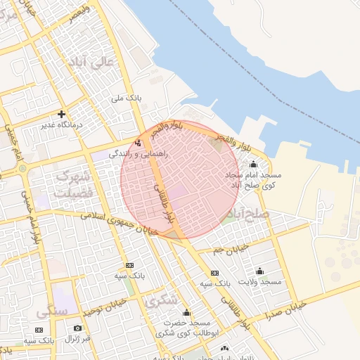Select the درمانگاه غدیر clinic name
(61, 125)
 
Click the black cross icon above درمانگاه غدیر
(62, 114)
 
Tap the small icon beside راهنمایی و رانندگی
(138, 142)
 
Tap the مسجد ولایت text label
(260, 281)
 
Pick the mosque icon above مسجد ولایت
(260, 271)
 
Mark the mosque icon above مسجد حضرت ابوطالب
(186, 313)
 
